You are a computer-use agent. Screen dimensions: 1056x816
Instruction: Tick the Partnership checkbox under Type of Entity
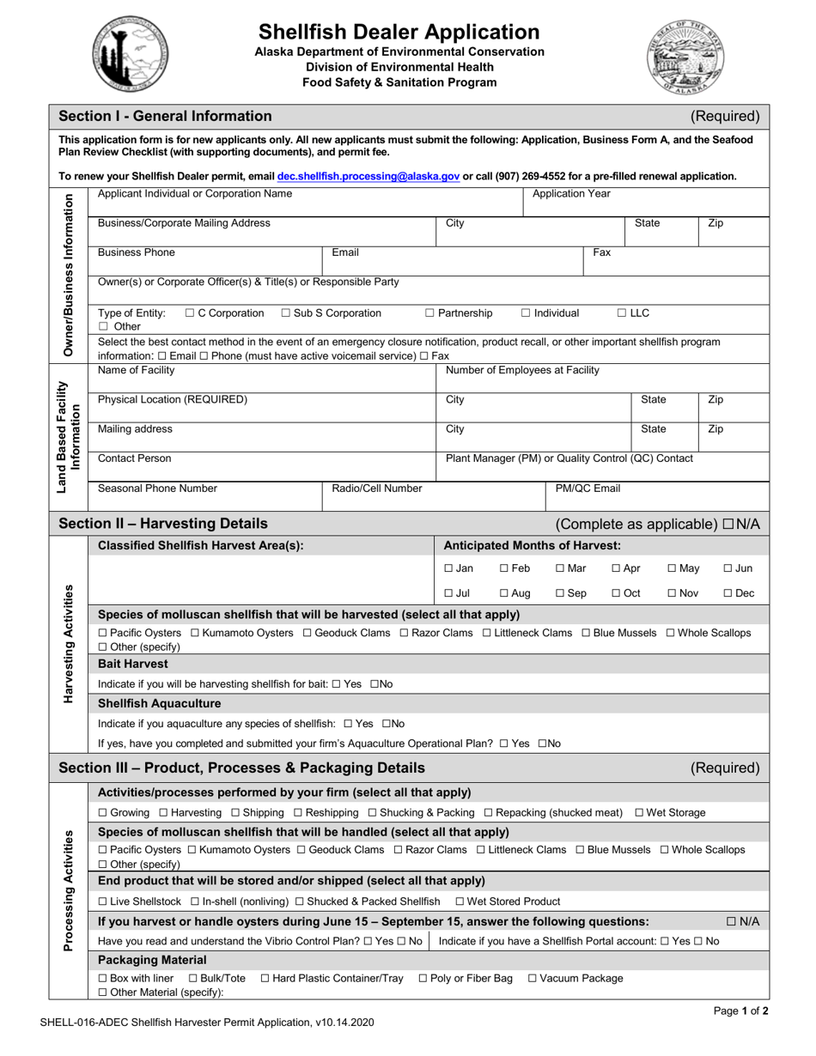430,313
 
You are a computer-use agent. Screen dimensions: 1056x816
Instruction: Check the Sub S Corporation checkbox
286,313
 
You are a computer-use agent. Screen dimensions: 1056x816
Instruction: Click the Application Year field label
571,194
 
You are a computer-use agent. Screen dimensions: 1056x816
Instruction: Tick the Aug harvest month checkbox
504,593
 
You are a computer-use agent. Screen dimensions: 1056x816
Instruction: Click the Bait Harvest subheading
133,664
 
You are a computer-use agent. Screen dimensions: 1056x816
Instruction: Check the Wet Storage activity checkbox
639,812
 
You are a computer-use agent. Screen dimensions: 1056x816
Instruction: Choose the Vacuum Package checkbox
532,978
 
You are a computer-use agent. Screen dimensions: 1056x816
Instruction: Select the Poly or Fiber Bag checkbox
423,978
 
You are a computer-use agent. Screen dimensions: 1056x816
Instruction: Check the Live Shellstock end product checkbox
103,901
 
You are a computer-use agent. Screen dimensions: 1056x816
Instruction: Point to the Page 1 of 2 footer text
740,1010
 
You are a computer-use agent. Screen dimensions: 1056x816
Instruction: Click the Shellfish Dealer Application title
399,33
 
